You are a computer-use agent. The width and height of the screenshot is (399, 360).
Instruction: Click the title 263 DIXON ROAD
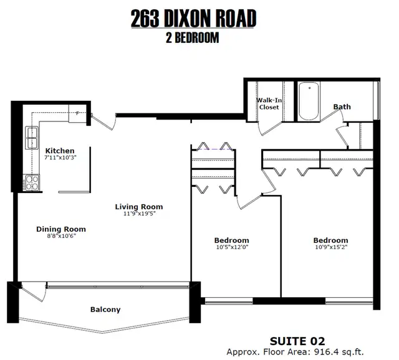[x=193, y=18]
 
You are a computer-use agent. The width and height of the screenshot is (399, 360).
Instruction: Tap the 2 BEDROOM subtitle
[x=193, y=37]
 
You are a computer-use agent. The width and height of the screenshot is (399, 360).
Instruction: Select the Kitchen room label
[x=60, y=151]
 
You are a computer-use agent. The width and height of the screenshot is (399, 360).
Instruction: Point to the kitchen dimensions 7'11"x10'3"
[x=60, y=158]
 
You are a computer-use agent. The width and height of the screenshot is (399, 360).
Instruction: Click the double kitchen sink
[x=32, y=138]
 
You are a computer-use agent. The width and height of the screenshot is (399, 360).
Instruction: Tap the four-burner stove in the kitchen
[x=31, y=182]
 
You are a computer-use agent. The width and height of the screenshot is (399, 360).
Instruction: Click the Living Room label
[x=139, y=207]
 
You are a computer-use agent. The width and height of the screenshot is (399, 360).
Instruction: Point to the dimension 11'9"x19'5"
[x=140, y=214]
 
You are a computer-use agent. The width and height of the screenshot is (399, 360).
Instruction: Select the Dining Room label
[x=61, y=229]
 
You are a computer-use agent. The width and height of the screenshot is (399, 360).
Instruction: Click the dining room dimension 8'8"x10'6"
[x=61, y=236]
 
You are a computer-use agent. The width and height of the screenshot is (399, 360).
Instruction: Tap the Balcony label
[x=105, y=310]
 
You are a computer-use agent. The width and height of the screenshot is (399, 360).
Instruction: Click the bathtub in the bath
[x=309, y=101]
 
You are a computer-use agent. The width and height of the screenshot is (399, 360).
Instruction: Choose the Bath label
[x=342, y=107]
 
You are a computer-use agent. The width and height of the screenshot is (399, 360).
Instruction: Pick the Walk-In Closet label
[x=269, y=104]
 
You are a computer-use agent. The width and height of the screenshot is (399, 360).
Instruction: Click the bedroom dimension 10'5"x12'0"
[x=232, y=247]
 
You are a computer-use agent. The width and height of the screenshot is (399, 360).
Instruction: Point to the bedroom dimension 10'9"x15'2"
[x=331, y=247]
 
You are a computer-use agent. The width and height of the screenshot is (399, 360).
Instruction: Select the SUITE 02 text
[x=297, y=341]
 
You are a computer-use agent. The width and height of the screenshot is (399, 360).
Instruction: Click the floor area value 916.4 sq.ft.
[x=339, y=352]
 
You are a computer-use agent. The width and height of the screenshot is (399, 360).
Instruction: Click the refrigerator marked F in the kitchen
[x=77, y=113]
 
